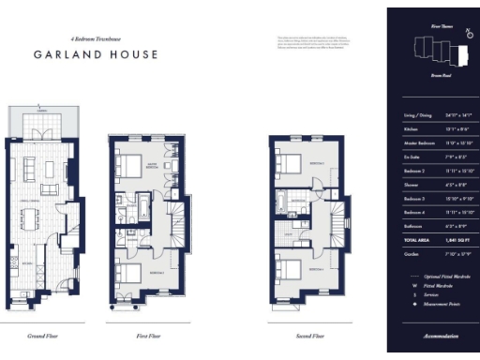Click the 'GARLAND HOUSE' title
[x=96, y=55]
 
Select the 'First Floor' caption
[x=139, y=333]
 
